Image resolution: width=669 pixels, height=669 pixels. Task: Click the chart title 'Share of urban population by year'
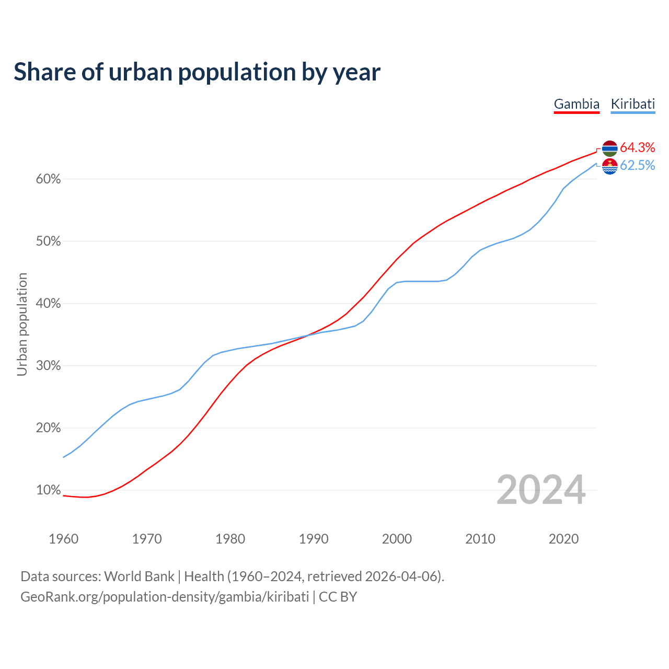coord(197,72)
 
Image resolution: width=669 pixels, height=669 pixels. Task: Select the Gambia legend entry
coord(576,104)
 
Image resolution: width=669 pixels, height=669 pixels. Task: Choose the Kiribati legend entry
coord(632,104)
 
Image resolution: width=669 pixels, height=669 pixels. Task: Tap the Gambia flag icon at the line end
coord(609,148)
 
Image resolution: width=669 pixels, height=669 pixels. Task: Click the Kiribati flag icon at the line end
coord(609,167)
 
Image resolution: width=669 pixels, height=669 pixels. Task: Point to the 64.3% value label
coord(638,147)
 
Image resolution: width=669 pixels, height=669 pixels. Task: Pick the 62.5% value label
coord(638,166)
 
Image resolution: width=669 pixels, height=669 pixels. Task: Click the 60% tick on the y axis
coord(49,179)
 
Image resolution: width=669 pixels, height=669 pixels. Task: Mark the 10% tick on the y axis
coord(49,490)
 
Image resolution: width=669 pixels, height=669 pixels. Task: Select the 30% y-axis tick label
coord(49,366)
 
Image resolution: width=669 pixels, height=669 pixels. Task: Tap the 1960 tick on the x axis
coord(63,539)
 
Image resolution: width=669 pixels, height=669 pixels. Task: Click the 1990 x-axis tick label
coord(314,539)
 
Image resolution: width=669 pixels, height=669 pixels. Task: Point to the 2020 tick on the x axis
coord(563,539)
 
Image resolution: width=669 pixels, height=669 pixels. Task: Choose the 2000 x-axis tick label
coord(397,539)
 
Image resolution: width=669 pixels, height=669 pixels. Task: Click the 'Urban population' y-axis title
coord(22,324)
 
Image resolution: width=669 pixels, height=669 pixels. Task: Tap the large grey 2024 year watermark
coord(541,490)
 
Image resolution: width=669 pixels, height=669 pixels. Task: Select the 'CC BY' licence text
coord(338,597)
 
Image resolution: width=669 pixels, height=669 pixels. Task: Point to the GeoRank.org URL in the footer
coord(165,597)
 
